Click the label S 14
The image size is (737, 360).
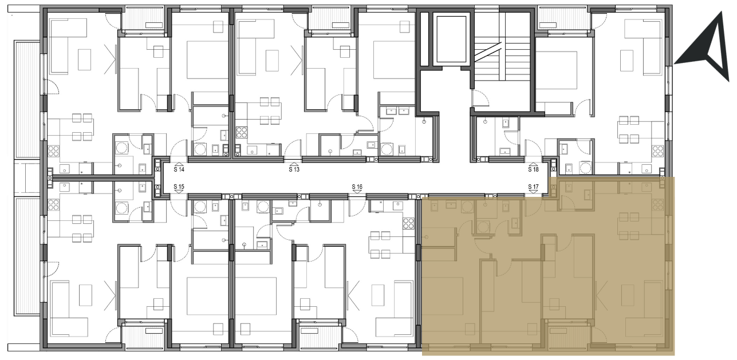179,169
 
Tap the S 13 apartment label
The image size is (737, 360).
294,169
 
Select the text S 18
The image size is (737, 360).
533,169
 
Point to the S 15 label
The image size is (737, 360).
179,187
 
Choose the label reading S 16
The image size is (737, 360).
357,187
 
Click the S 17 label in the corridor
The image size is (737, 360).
533,187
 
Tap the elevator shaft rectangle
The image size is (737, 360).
451,39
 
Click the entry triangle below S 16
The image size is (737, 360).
357,192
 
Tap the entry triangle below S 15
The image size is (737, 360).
179,192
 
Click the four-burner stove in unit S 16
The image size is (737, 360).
409,224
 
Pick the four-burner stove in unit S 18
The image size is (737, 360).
658,152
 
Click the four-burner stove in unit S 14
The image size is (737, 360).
53,151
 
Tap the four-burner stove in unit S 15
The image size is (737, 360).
53,205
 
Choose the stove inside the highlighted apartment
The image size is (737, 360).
658,205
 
